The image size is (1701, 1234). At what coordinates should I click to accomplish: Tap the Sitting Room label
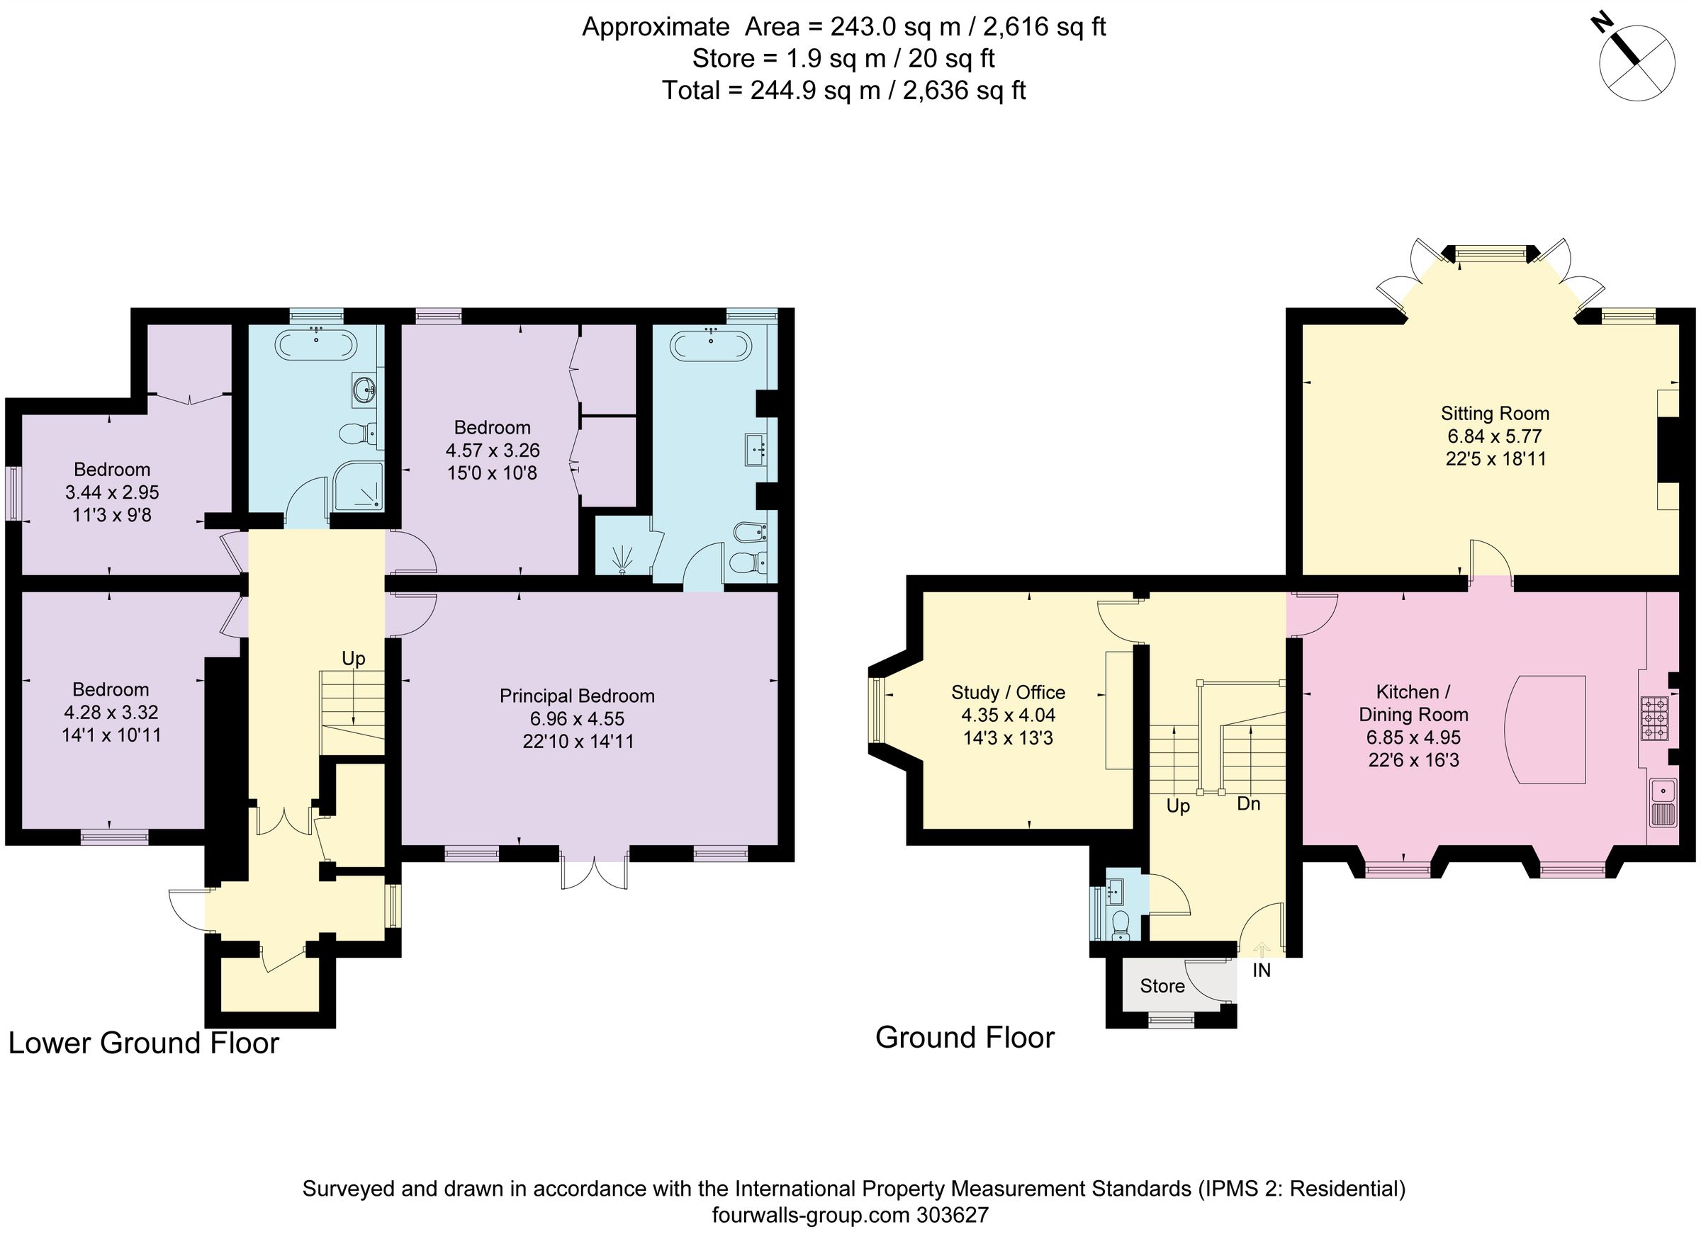coord(1494,413)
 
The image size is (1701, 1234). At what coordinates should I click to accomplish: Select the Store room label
coord(1162,986)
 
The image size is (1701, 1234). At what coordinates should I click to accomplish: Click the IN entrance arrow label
coord(1262,970)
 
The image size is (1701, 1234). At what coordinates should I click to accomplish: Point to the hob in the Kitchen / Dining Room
coord(1654,718)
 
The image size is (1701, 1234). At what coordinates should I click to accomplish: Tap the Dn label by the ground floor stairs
coord(1248,804)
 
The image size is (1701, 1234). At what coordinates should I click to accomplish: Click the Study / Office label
coord(1008,692)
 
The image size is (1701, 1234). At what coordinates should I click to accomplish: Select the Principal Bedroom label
coord(577,696)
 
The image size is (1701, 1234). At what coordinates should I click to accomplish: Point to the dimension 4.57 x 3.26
coord(492,451)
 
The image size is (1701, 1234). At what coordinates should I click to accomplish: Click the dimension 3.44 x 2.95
coord(112,492)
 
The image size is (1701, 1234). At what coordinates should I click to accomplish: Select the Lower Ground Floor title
coord(143,1043)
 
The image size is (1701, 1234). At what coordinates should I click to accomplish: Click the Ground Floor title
coord(965,1038)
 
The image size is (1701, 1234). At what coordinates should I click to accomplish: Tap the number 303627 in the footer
coord(953,1214)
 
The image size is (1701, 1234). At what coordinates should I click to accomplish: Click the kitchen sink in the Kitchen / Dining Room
coord(1663,802)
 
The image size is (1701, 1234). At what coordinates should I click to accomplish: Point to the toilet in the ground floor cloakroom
coord(1121,925)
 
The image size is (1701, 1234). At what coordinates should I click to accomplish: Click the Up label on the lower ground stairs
coord(353,658)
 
